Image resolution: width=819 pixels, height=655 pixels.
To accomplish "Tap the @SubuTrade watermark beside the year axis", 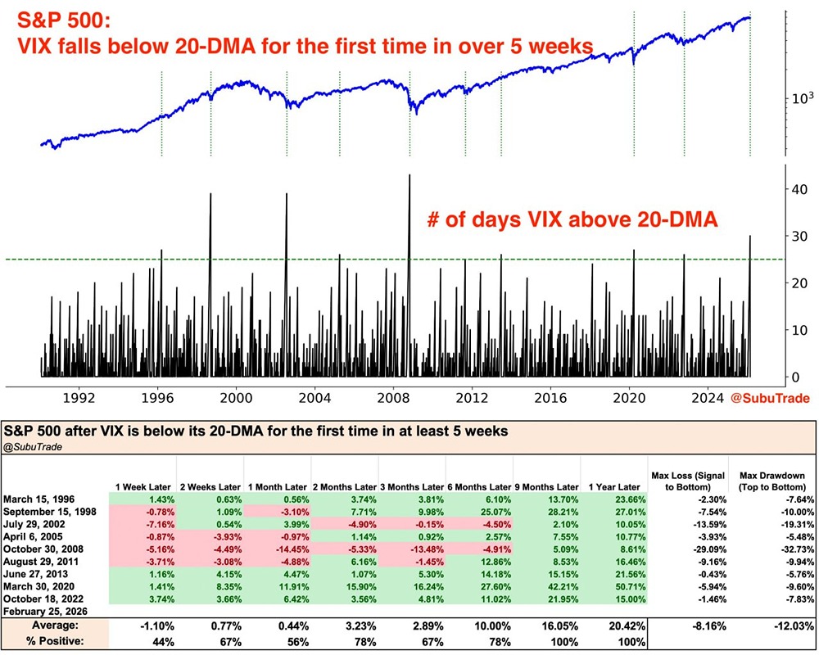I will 770,399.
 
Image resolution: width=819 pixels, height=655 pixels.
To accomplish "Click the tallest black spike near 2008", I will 409,177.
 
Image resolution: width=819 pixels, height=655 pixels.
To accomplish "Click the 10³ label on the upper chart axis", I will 799,98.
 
